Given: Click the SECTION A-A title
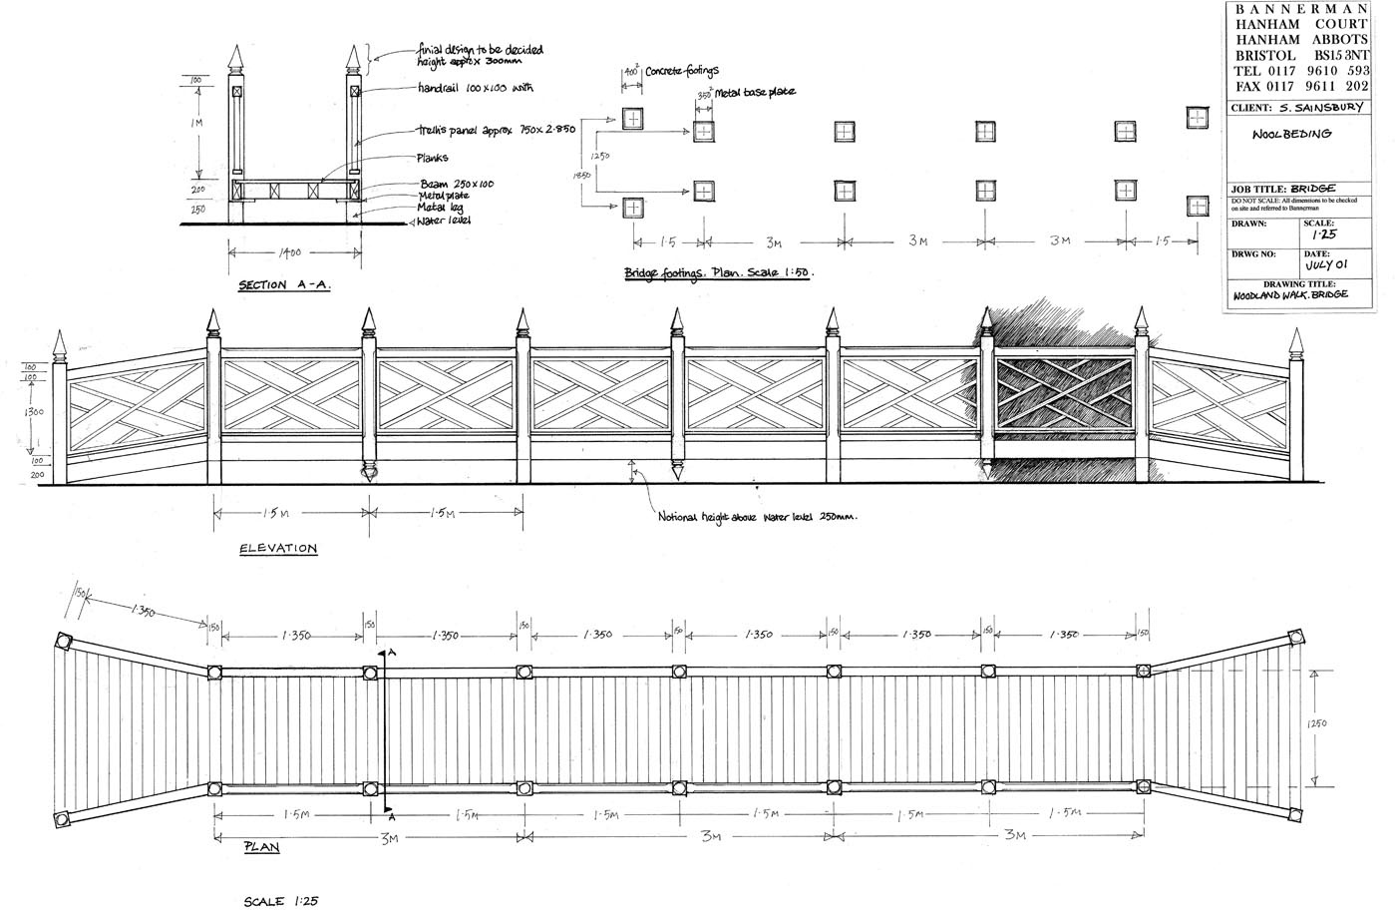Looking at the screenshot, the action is pyautogui.click(x=284, y=286).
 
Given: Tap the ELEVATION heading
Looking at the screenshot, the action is pyautogui.click(x=278, y=549).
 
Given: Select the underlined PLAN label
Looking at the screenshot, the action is pyautogui.click(x=261, y=847).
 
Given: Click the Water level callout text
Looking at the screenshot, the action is pyautogui.click(x=445, y=221).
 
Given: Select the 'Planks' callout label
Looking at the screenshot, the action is pyautogui.click(x=432, y=158).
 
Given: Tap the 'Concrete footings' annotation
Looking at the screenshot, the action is pyautogui.click(x=682, y=72).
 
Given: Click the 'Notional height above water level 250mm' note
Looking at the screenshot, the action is pyautogui.click(x=758, y=518).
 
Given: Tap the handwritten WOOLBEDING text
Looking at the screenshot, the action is pyautogui.click(x=1292, y=134).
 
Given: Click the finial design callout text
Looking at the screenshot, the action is pyautogui.click(x=480, y=55).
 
